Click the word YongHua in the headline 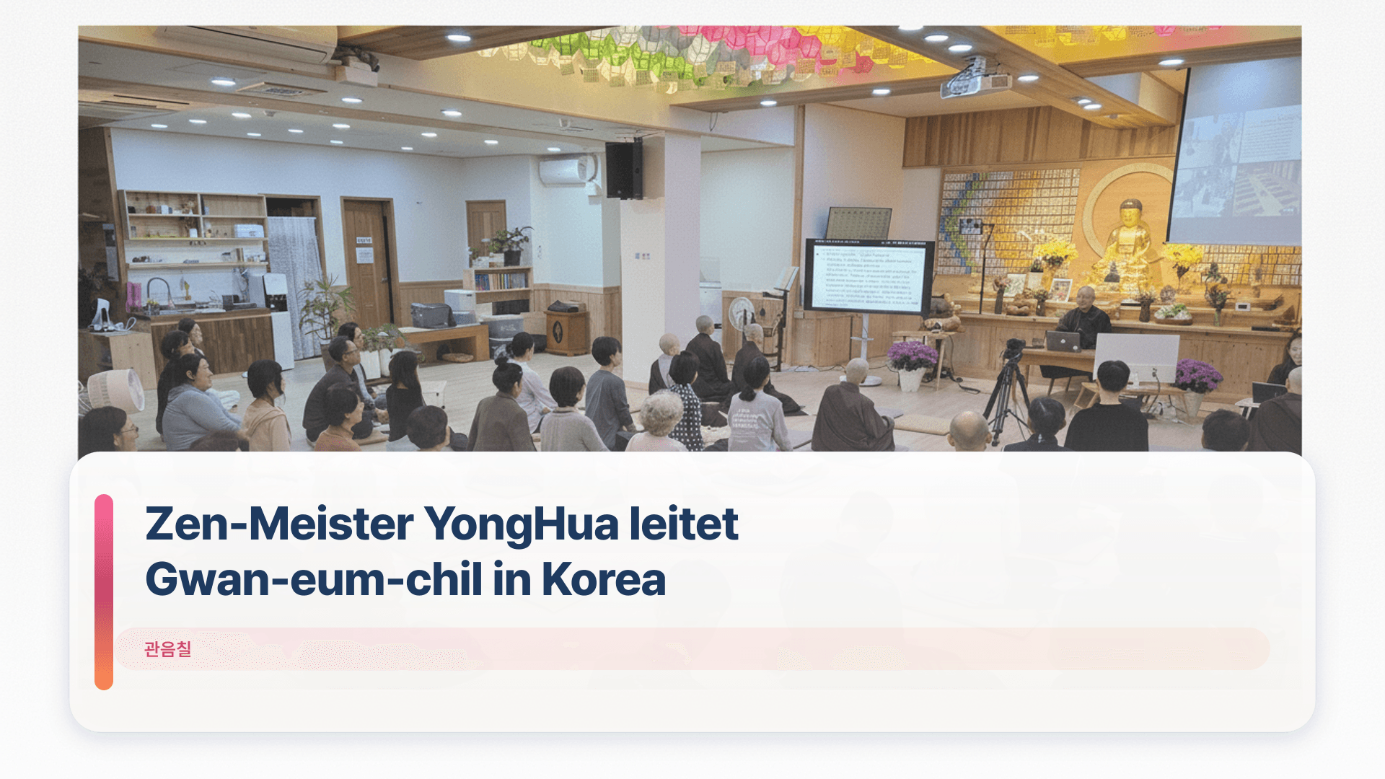point(520,524)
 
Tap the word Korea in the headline point(603,579)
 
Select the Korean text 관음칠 point(167,649)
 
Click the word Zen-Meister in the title point(279,524)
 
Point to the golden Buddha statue point(1127,249)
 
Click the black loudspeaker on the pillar point(624,170)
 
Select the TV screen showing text point(869,276)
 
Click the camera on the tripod point(1014,349)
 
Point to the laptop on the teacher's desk point(1063,341)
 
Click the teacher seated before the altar point(1084,317)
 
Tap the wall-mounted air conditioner point(567,171)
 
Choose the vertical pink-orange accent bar point(104,591)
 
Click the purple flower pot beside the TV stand point(911,364)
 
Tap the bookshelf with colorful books point(501,281)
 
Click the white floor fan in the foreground point(116,390)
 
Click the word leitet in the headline point(683,524)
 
